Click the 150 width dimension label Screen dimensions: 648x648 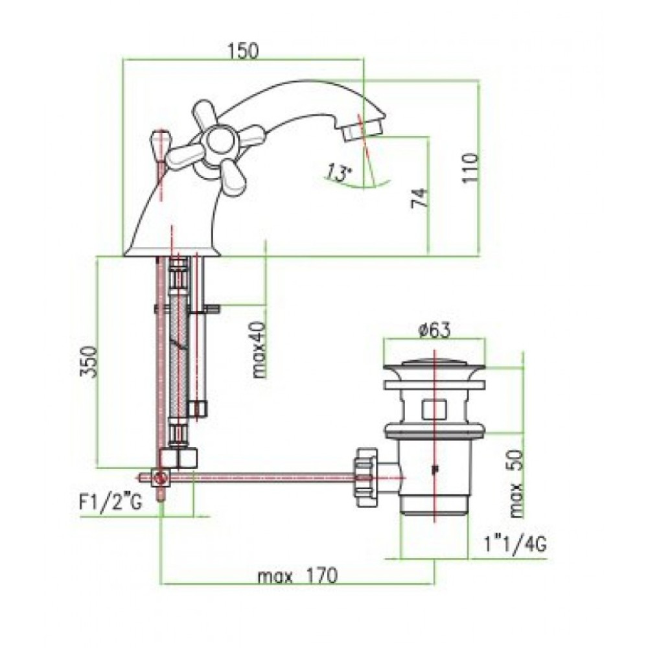pos(243,51)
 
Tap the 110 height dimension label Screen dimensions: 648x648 pos(470,168)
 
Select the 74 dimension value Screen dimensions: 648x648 pos(418,198)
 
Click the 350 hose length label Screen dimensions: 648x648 pos(88,362)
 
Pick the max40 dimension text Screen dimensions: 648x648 pos(259,350)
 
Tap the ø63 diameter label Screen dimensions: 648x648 pos(434,330)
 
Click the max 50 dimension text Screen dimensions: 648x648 pos(516,484)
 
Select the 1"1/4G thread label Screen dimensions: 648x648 pos(516,544)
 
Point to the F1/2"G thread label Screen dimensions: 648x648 pos(110,503)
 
